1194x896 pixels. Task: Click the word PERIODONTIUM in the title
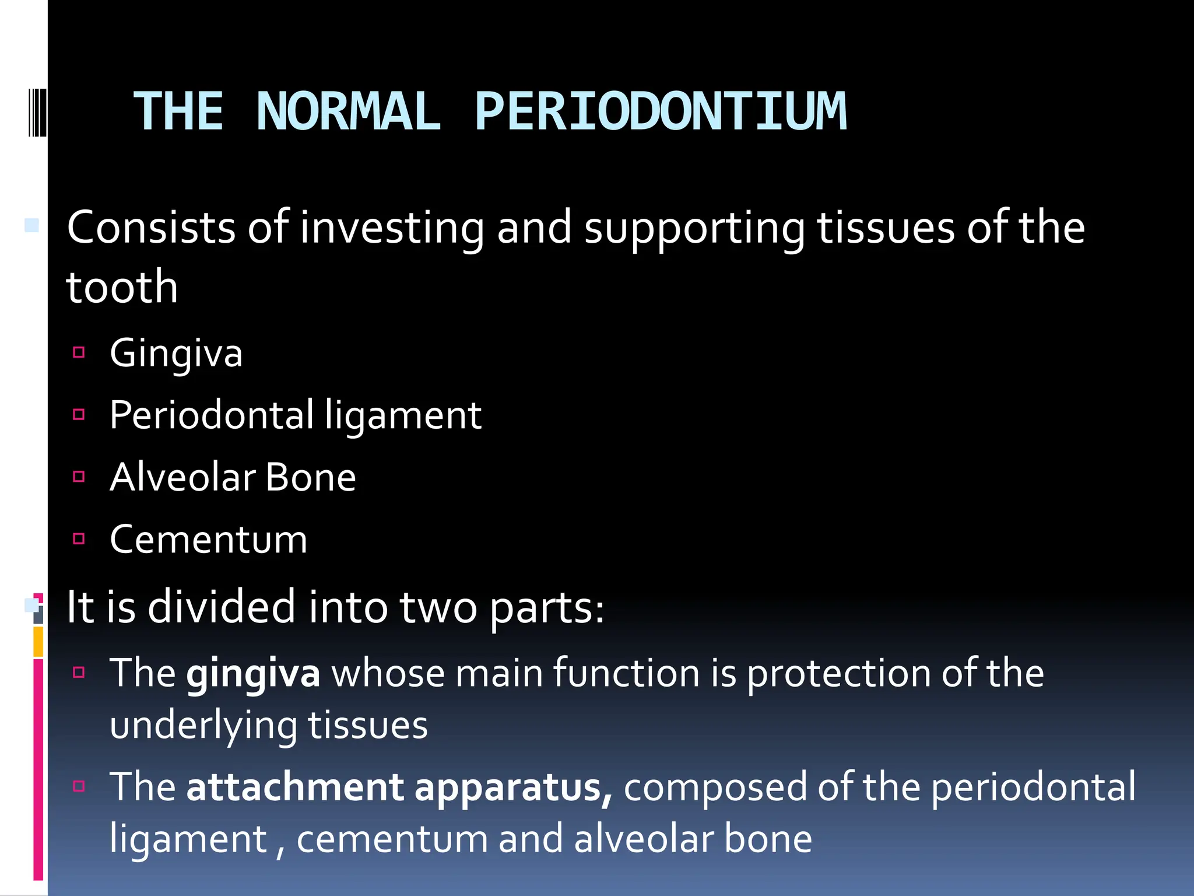[x=661, y=111]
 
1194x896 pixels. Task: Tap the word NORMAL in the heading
[x=348, y=111]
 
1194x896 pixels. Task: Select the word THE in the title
[x=178, y=111]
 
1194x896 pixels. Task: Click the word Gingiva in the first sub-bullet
[x=176, y=353]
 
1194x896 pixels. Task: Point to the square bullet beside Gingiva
[x=79, y=352]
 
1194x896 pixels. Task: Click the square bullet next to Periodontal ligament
[x=79, y=415]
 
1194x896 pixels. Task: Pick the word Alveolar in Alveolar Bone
[x=182, y=477]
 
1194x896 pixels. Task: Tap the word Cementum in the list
[x=208, y=540]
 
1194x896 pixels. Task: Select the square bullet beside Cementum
[x=79, y=538]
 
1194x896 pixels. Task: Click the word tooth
[x=122, y=287]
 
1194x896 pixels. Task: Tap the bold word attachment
[x=295, y=787]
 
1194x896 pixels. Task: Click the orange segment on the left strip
[x=38, y=641]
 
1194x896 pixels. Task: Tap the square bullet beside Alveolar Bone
[x=79, y=477]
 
